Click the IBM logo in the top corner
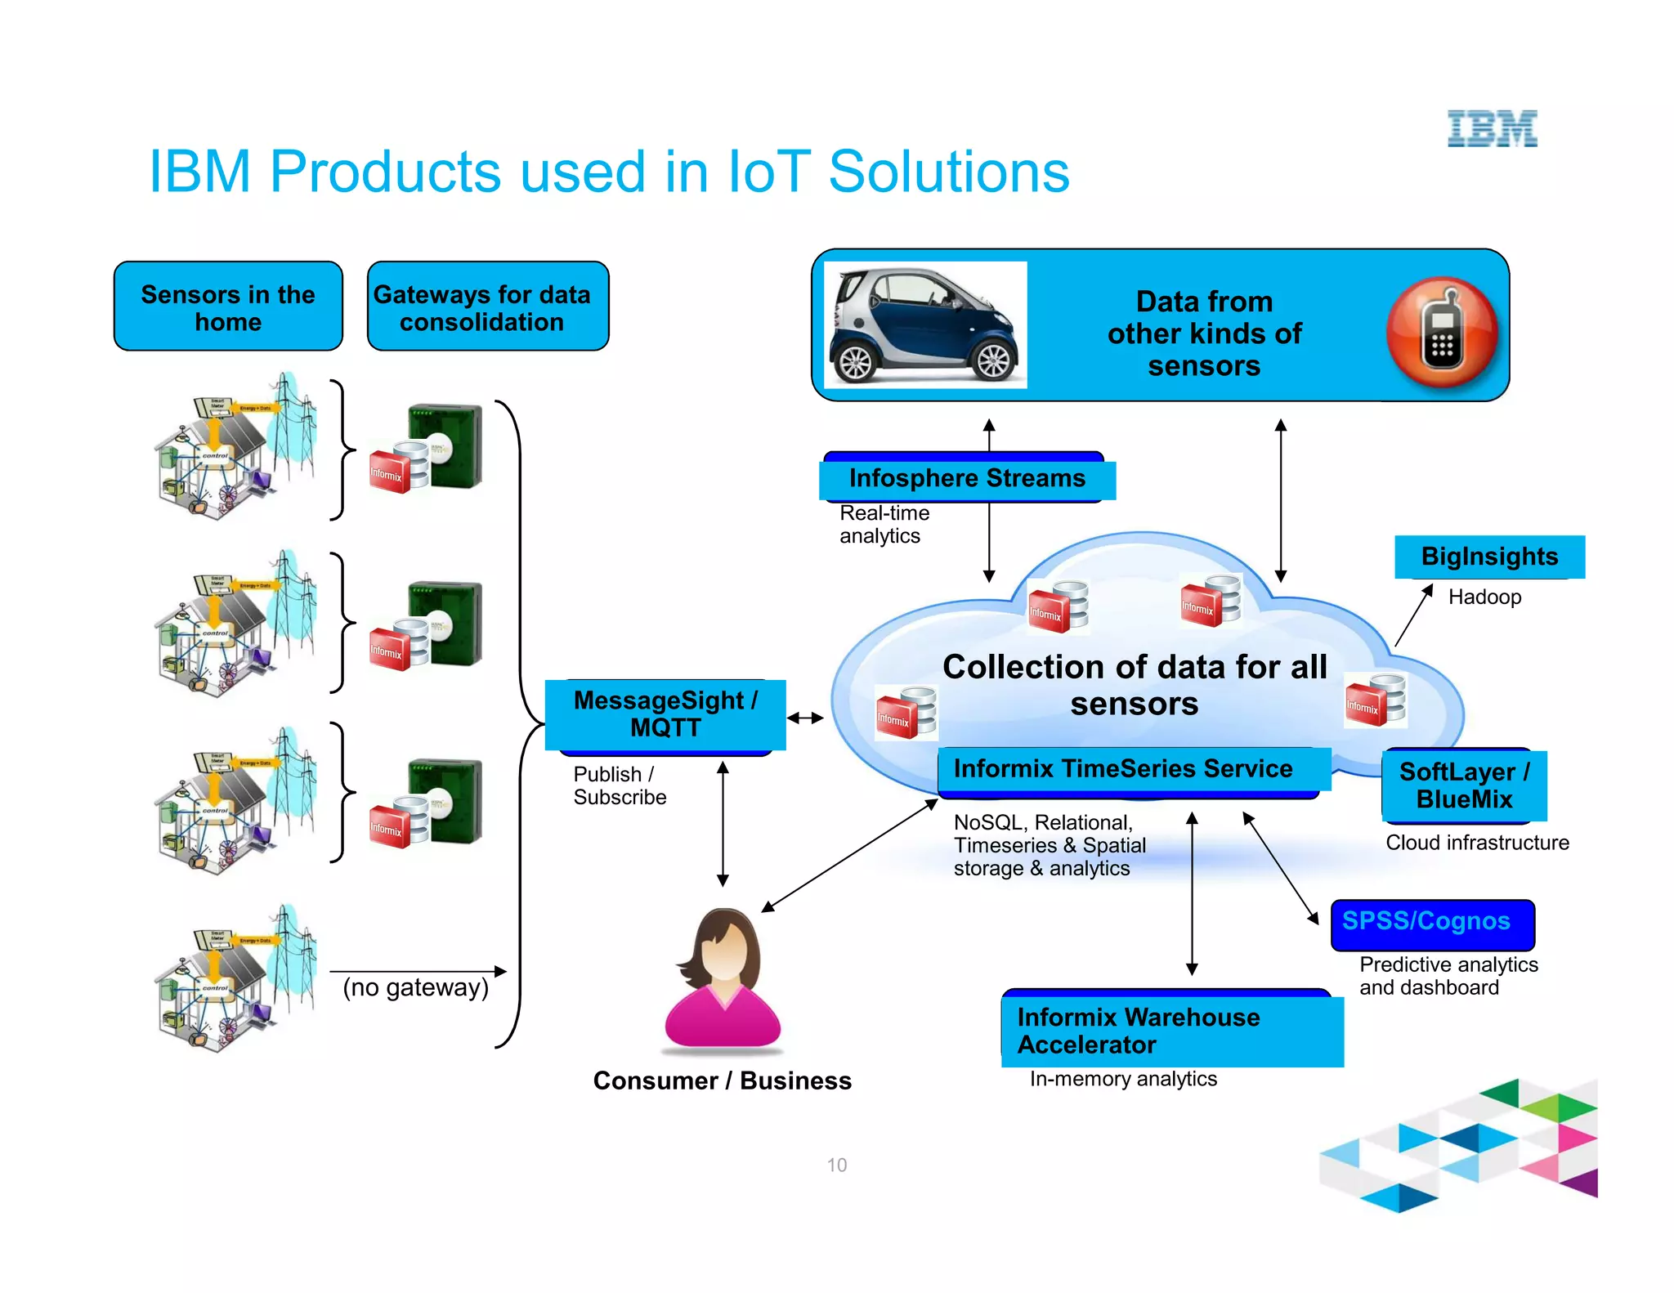point(1492,128)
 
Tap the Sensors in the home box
point(228,306)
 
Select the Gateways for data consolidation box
point(488,306)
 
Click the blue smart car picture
point(924,325)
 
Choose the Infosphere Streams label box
point(967,478)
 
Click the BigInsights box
point(1489,557)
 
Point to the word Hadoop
point(1484,597)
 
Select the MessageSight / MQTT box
point(665,714)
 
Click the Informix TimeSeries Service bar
point(1132,769)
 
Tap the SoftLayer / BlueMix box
point(1464,785)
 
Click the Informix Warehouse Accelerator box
point(1171,1030)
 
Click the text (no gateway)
point(415,987)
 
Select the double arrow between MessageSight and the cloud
point(805,718)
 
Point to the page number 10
point(836,1165)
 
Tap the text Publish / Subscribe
point(619,785)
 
